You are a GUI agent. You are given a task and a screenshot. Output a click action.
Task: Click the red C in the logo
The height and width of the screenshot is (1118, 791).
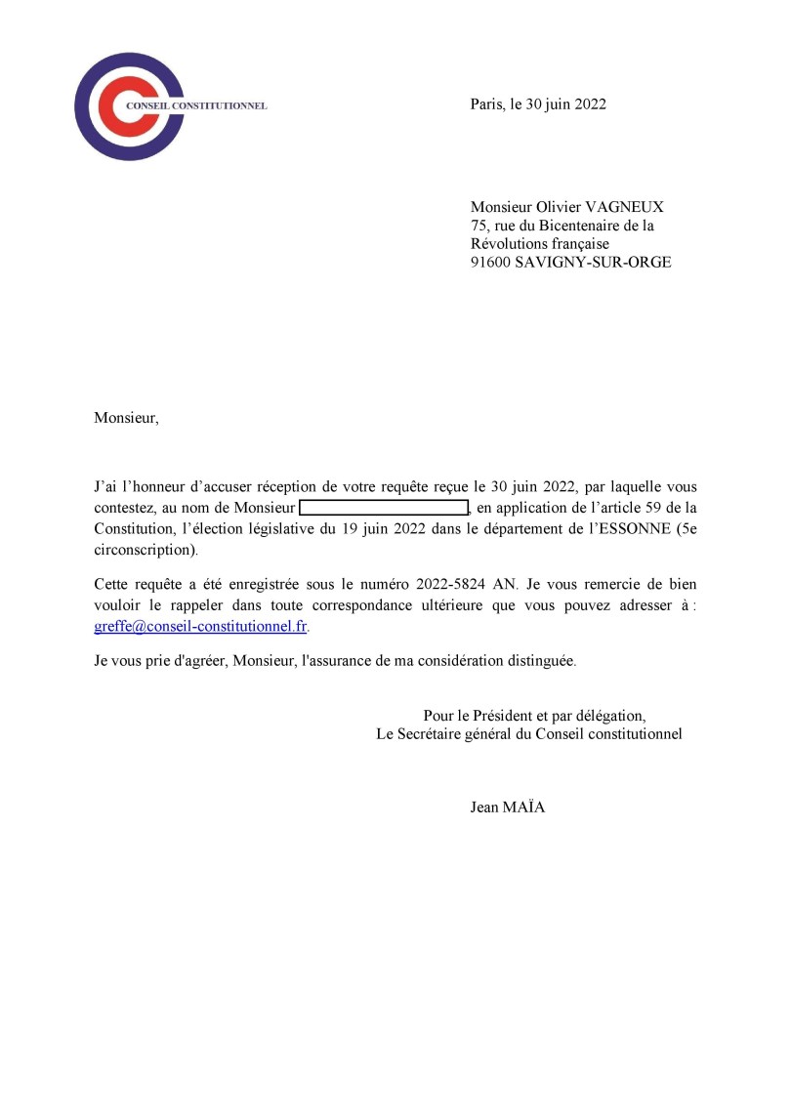pos(116,106)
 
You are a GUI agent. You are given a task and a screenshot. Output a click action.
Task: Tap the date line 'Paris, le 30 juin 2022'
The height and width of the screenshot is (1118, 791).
pos(538,104)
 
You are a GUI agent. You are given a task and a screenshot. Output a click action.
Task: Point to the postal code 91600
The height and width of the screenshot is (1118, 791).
pos(490,262)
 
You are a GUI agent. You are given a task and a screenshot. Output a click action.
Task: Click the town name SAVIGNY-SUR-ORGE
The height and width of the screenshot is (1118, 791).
pos(593,262)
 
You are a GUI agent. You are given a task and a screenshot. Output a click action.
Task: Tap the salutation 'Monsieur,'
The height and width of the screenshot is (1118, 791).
pos(125,418)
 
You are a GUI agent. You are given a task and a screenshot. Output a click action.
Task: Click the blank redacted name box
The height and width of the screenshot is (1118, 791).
pos(384,508)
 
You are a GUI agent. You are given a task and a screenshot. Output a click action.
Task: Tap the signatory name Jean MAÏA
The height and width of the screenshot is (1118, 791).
pos(508,807)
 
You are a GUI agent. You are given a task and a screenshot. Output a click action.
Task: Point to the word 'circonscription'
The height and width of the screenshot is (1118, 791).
pos(144,550)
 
